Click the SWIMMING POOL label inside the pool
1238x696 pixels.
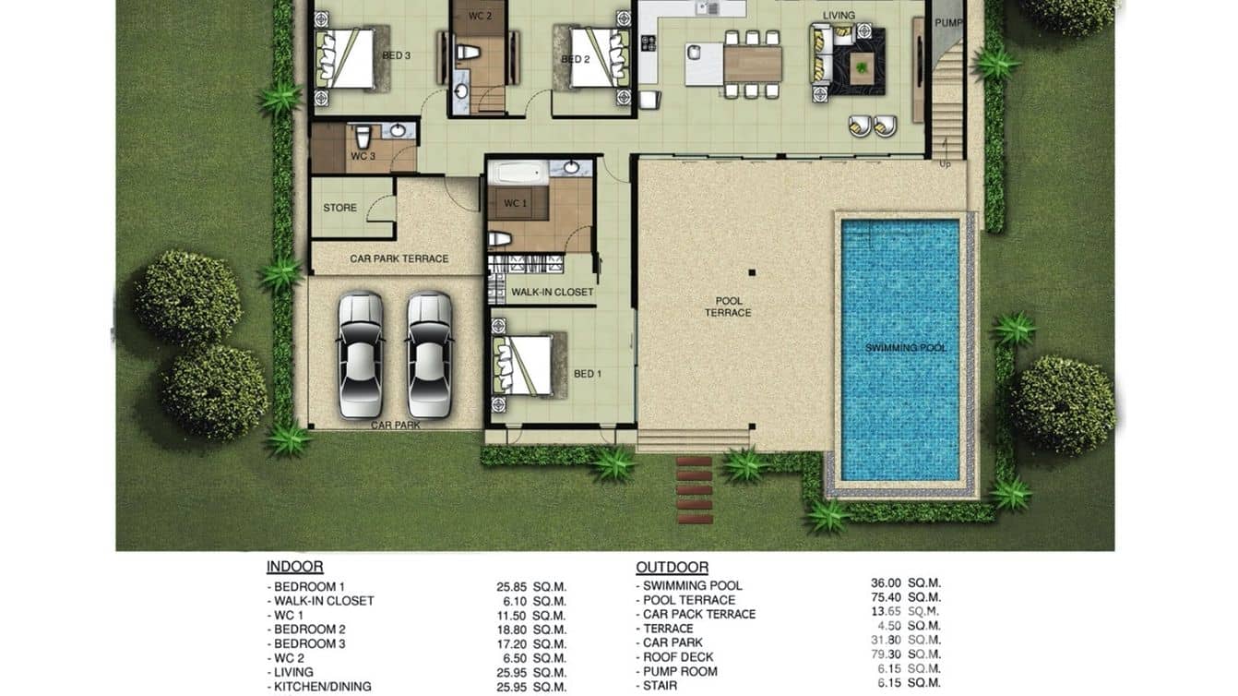click(906, 348)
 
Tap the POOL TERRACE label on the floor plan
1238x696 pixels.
click(728, 307)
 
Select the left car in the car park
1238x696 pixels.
click(360, 354)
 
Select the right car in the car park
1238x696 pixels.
click(430, 354)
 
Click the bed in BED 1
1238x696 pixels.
click(523, 366)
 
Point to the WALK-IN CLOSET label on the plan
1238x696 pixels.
click(553, 293)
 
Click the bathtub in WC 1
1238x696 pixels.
click(519, 172)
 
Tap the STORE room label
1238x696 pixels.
click(339, 208)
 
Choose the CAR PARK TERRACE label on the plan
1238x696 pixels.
click(399, 259)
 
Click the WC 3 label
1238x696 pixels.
click(362, 157)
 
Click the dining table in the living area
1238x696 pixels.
click(753, 64)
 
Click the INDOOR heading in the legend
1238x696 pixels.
click(294, 567)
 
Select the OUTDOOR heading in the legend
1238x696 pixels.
click(672, 567)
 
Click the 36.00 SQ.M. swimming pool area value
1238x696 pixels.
click(906, 583)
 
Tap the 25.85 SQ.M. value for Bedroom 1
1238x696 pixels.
click(531, 586)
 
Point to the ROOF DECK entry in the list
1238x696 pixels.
click(678, 657)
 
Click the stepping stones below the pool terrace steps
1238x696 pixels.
click(695, 489)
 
